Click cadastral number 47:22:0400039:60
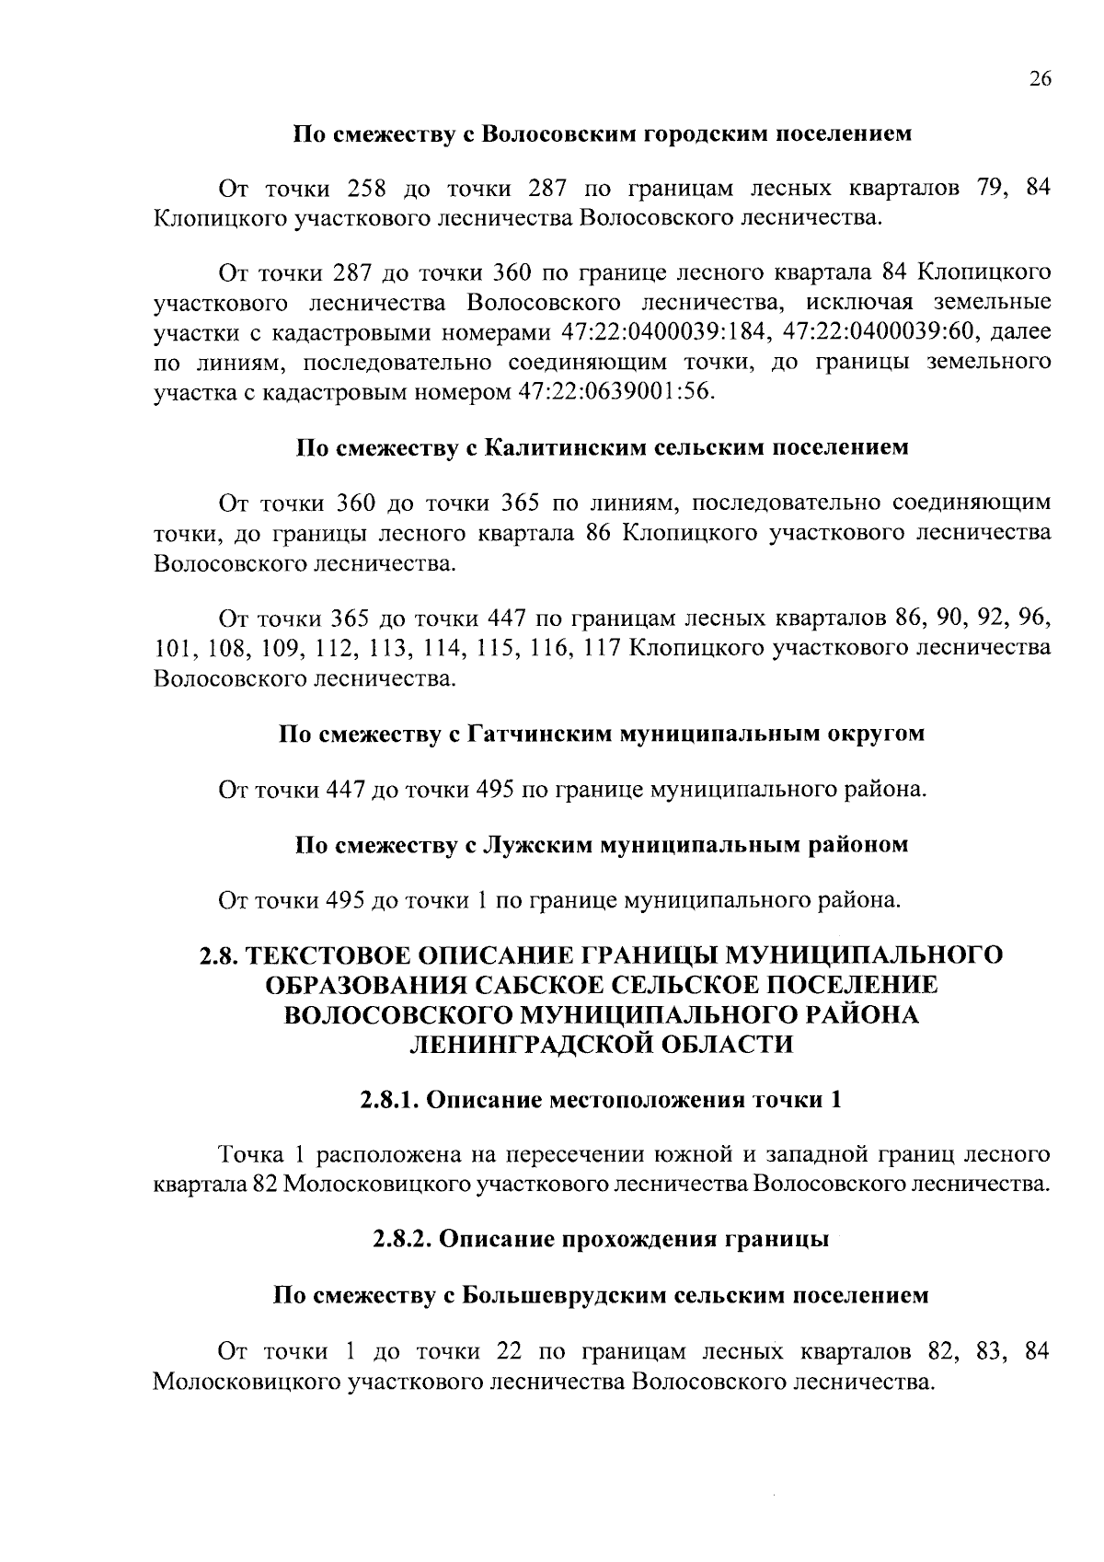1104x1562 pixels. (875, 332)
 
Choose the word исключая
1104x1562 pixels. (863, 303)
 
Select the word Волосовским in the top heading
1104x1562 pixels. (551, 133)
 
